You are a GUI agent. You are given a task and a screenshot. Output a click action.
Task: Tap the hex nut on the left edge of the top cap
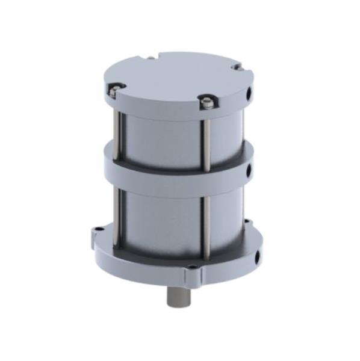[113, 90]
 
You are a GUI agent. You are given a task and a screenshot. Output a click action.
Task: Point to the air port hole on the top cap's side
[249, 94]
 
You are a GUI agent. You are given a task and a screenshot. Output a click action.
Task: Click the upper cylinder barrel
[163, 135]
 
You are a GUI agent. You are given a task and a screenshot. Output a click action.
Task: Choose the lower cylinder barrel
[163, 217]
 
